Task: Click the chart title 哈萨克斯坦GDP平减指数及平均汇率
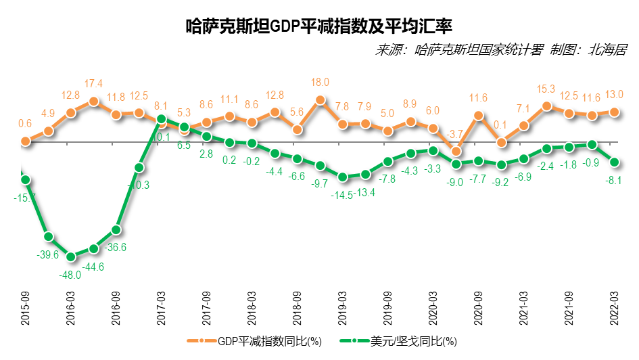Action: [318, 26]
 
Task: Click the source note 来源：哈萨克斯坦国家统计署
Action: [460, 50]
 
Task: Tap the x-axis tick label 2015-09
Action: [26, 308]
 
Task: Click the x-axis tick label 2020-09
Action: [479, 308]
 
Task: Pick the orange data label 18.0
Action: [320, 83]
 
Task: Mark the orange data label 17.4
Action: [93, 84]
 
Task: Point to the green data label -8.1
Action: [614, 180]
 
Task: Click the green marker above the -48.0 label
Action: [71, 256]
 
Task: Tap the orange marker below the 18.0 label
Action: [320, 100]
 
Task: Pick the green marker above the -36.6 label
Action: [116, 230]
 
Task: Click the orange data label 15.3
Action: [546, 89]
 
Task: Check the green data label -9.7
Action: [320, 183]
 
